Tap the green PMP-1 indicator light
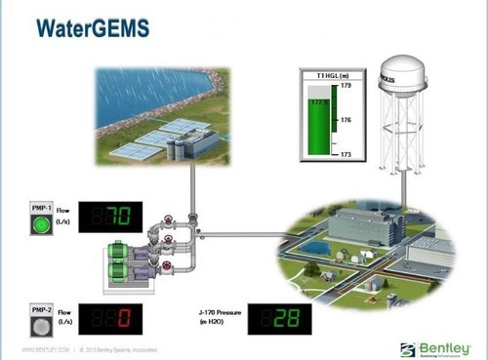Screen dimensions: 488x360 pyautogui.click(x=40, y=226)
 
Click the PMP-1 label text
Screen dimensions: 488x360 pyautogui.click(x=40, y=208)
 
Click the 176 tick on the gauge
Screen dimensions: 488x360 pyautogui.click(x=345, y=120)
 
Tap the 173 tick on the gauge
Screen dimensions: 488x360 pyautogui.click(x=345, y=153)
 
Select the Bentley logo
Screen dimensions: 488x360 pyautogui.click(x=436, y=348)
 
